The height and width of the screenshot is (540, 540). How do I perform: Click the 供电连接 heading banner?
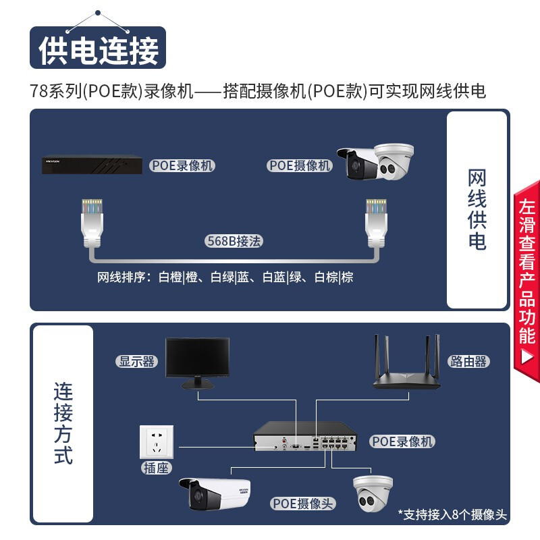[x=98, y=49]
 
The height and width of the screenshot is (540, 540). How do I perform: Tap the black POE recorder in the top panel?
[x=92, y=165]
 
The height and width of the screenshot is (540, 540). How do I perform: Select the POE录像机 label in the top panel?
[x=182, y=165]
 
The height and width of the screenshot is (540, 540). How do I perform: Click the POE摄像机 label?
[x=300, y=165]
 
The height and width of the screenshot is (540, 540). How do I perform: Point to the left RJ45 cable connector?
[x=92, y=219]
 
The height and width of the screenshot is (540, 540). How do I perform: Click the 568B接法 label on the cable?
[x=234, y=241]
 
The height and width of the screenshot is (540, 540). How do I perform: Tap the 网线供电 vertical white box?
[x=477, y=210]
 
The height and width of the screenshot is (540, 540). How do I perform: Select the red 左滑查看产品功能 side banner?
[x=527, y=280]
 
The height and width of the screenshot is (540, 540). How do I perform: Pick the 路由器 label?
[x=468, y=361]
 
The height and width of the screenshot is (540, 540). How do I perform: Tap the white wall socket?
[x=156, y=441]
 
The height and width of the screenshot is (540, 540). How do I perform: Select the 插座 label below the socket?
[x=156, y=468]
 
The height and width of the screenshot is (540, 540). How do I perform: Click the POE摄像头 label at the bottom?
[x=303, y=504]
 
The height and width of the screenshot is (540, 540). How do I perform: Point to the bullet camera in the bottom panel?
[x=213, y=493]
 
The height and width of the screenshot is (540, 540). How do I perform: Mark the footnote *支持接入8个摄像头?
[x=452, y=514]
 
